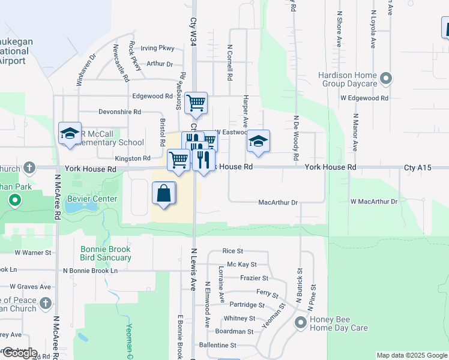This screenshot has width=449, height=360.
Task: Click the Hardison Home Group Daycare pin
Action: click(386, 79)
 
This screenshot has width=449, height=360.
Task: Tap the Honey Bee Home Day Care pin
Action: click(301, 323)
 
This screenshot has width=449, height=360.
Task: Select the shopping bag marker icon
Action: click(164, 194)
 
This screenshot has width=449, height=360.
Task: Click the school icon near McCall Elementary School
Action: click(70, 133)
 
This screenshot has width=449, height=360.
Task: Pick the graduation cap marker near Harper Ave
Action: click(259, 141)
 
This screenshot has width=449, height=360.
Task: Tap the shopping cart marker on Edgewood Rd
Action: click(196, 103)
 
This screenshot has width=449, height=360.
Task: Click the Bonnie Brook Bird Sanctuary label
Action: click(106, 253)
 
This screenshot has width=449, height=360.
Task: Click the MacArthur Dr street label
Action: click(278, 203)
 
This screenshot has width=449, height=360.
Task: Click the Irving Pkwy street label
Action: click(157, 48)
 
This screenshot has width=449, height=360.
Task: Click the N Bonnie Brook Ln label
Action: click(91, 271)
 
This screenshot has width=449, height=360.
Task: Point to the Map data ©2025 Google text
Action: click(411, 355)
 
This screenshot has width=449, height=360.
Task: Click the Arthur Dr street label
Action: click(160, 64)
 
